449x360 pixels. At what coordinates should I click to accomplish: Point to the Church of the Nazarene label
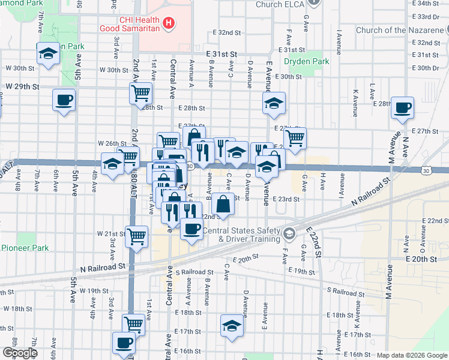397,30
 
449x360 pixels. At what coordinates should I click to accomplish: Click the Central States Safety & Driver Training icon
290,233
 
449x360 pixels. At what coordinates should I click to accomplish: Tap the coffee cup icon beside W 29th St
64,100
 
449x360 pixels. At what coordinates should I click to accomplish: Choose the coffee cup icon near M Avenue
402,108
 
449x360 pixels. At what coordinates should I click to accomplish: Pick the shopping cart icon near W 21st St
137,236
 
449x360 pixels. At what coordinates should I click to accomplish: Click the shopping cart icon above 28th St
140,93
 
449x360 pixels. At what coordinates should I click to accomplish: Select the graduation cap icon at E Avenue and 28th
274,103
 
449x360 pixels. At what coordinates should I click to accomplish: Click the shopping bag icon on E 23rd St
223,203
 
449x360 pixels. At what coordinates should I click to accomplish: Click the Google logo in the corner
19,353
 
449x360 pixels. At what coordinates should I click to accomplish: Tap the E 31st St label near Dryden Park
219,54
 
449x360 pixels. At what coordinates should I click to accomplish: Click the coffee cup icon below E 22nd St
191,229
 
